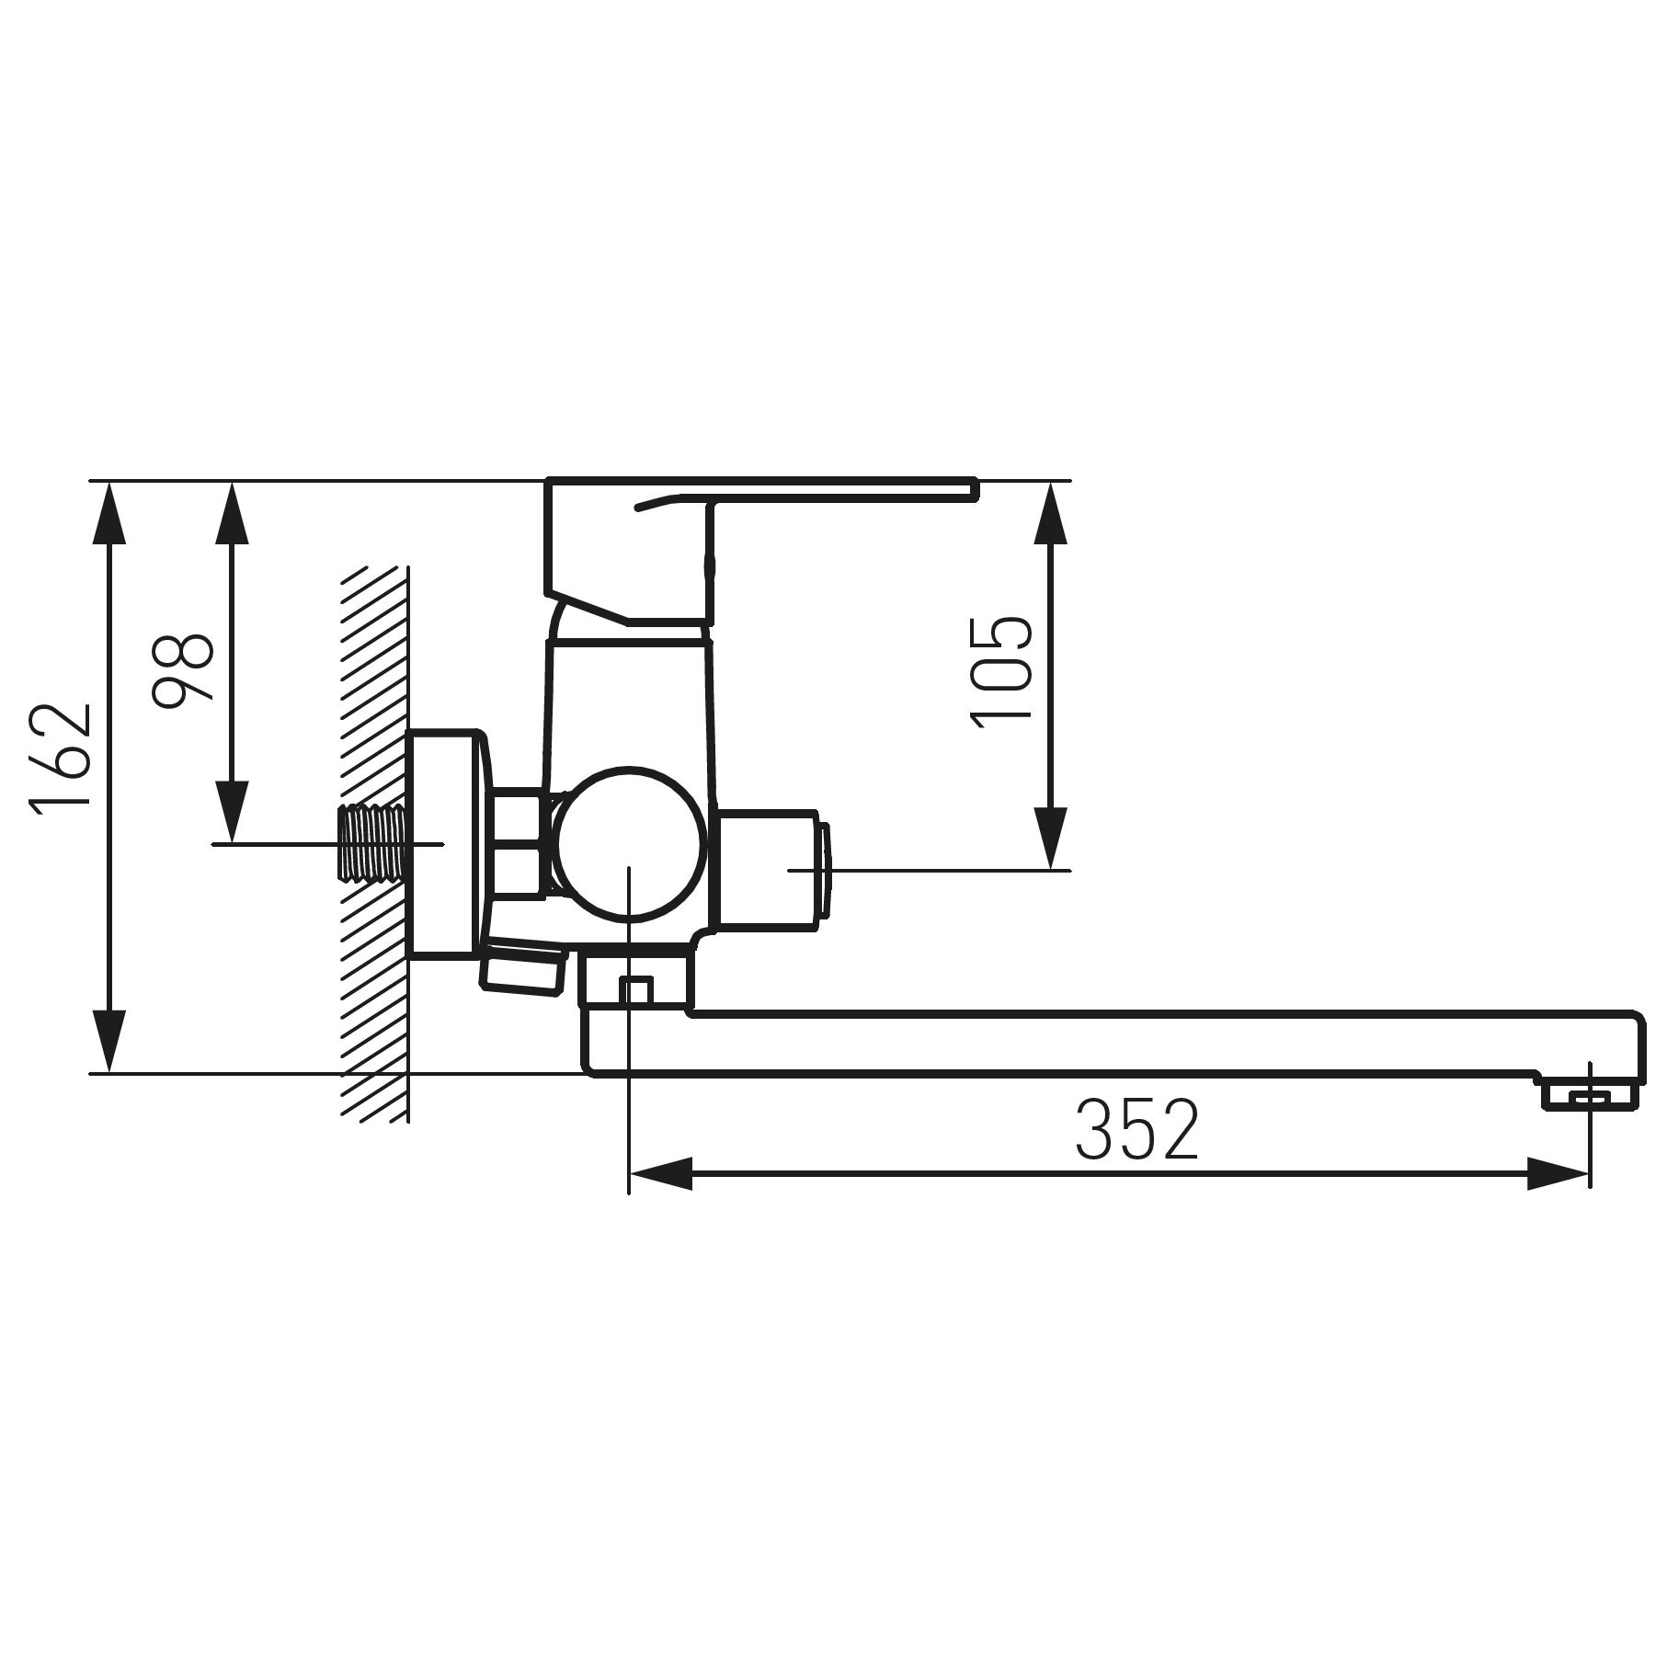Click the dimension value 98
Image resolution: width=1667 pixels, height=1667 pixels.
(x=185, y=668)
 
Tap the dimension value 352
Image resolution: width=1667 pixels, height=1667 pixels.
(x=1137, y=1129)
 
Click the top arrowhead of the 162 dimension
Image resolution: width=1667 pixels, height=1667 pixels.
(x=109, y=515)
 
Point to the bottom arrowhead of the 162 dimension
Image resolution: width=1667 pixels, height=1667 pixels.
(x=109, y=1040)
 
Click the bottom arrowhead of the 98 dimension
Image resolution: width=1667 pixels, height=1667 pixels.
(x=233, y=811)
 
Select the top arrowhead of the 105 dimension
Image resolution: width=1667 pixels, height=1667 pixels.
(x=1051, y=515)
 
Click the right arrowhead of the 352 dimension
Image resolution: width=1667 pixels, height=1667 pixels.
(x=1558, y=1174)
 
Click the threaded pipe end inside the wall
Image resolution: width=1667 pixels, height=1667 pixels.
(x=372, y=843)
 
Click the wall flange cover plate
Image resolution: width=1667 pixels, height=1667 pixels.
(x=446, y=844)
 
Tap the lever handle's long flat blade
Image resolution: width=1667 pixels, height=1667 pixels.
(x=828, y=490)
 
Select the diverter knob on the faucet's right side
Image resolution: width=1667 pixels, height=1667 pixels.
(x=772, y=869)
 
